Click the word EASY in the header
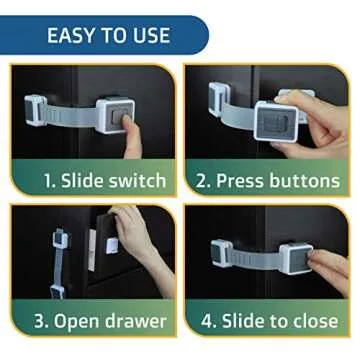point(73,35)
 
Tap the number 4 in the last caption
point(207,323)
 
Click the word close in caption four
point(313,323)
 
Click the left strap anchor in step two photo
point(218,97)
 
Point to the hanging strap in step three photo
point(58,271)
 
